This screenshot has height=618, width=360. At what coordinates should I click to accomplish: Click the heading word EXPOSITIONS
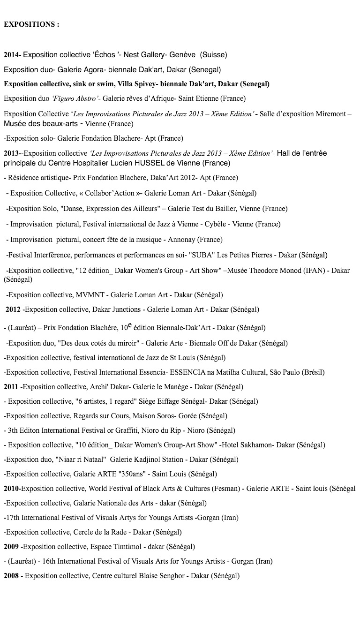coord(29,24)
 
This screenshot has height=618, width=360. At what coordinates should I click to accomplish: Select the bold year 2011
coord(11,387)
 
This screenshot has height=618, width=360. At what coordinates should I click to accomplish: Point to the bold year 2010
coord(11,489)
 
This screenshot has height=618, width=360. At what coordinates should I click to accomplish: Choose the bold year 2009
coord(11,546)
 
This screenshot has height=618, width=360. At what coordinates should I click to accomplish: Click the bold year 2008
coord(11,576)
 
